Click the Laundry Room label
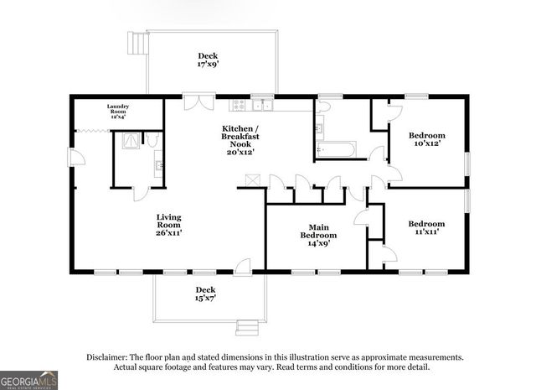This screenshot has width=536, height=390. (x=121, y=108)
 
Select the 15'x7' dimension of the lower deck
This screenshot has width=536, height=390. (x=206, y=298)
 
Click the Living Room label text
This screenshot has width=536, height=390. (x=168, y=224)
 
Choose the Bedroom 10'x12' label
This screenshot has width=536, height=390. (x=426, y=140)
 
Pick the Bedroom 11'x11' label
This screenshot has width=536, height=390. (x=426, y=228)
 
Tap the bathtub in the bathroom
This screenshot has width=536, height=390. (x=336, y=151)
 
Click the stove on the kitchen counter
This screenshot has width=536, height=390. (x=241, y=105)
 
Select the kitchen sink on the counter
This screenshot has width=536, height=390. (x=263, y=105)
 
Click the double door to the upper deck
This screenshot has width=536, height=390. (x=194, y=101)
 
